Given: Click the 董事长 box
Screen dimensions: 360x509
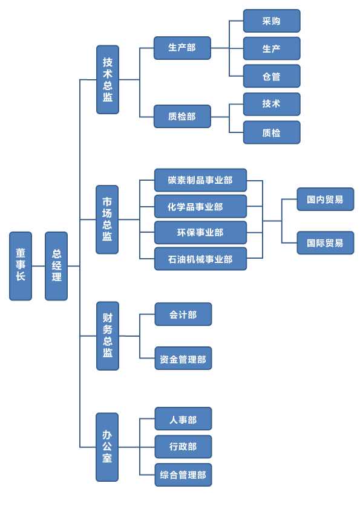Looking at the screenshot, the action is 21,266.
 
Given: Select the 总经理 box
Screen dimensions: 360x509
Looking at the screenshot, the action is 56,266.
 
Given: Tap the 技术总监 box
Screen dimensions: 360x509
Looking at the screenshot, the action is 108,80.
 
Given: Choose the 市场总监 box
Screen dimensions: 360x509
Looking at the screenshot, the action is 107,219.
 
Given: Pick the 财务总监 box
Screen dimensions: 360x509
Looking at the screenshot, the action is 108,336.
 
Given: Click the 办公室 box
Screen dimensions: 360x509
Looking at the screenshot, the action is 107,447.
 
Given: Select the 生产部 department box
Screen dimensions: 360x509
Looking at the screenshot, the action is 182,48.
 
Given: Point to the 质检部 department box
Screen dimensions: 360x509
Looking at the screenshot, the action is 182,116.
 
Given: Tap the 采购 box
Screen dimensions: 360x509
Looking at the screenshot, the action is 272,21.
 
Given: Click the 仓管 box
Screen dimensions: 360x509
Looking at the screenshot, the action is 272,76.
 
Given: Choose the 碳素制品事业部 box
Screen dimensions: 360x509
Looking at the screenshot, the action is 200,180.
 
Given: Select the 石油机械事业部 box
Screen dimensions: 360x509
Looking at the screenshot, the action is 200,259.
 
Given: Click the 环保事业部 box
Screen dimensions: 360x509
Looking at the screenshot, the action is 200,232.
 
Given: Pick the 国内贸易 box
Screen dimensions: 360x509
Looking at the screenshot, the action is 326,199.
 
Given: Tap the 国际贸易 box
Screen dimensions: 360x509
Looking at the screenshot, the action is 326,242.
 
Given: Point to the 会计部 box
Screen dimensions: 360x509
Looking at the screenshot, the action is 183,314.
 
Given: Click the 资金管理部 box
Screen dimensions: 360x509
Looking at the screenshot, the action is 183,358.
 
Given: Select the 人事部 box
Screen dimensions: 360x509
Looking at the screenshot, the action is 183,419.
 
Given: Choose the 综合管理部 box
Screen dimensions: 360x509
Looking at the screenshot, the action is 183,475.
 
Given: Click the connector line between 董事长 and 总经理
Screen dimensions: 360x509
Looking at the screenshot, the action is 38,266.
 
